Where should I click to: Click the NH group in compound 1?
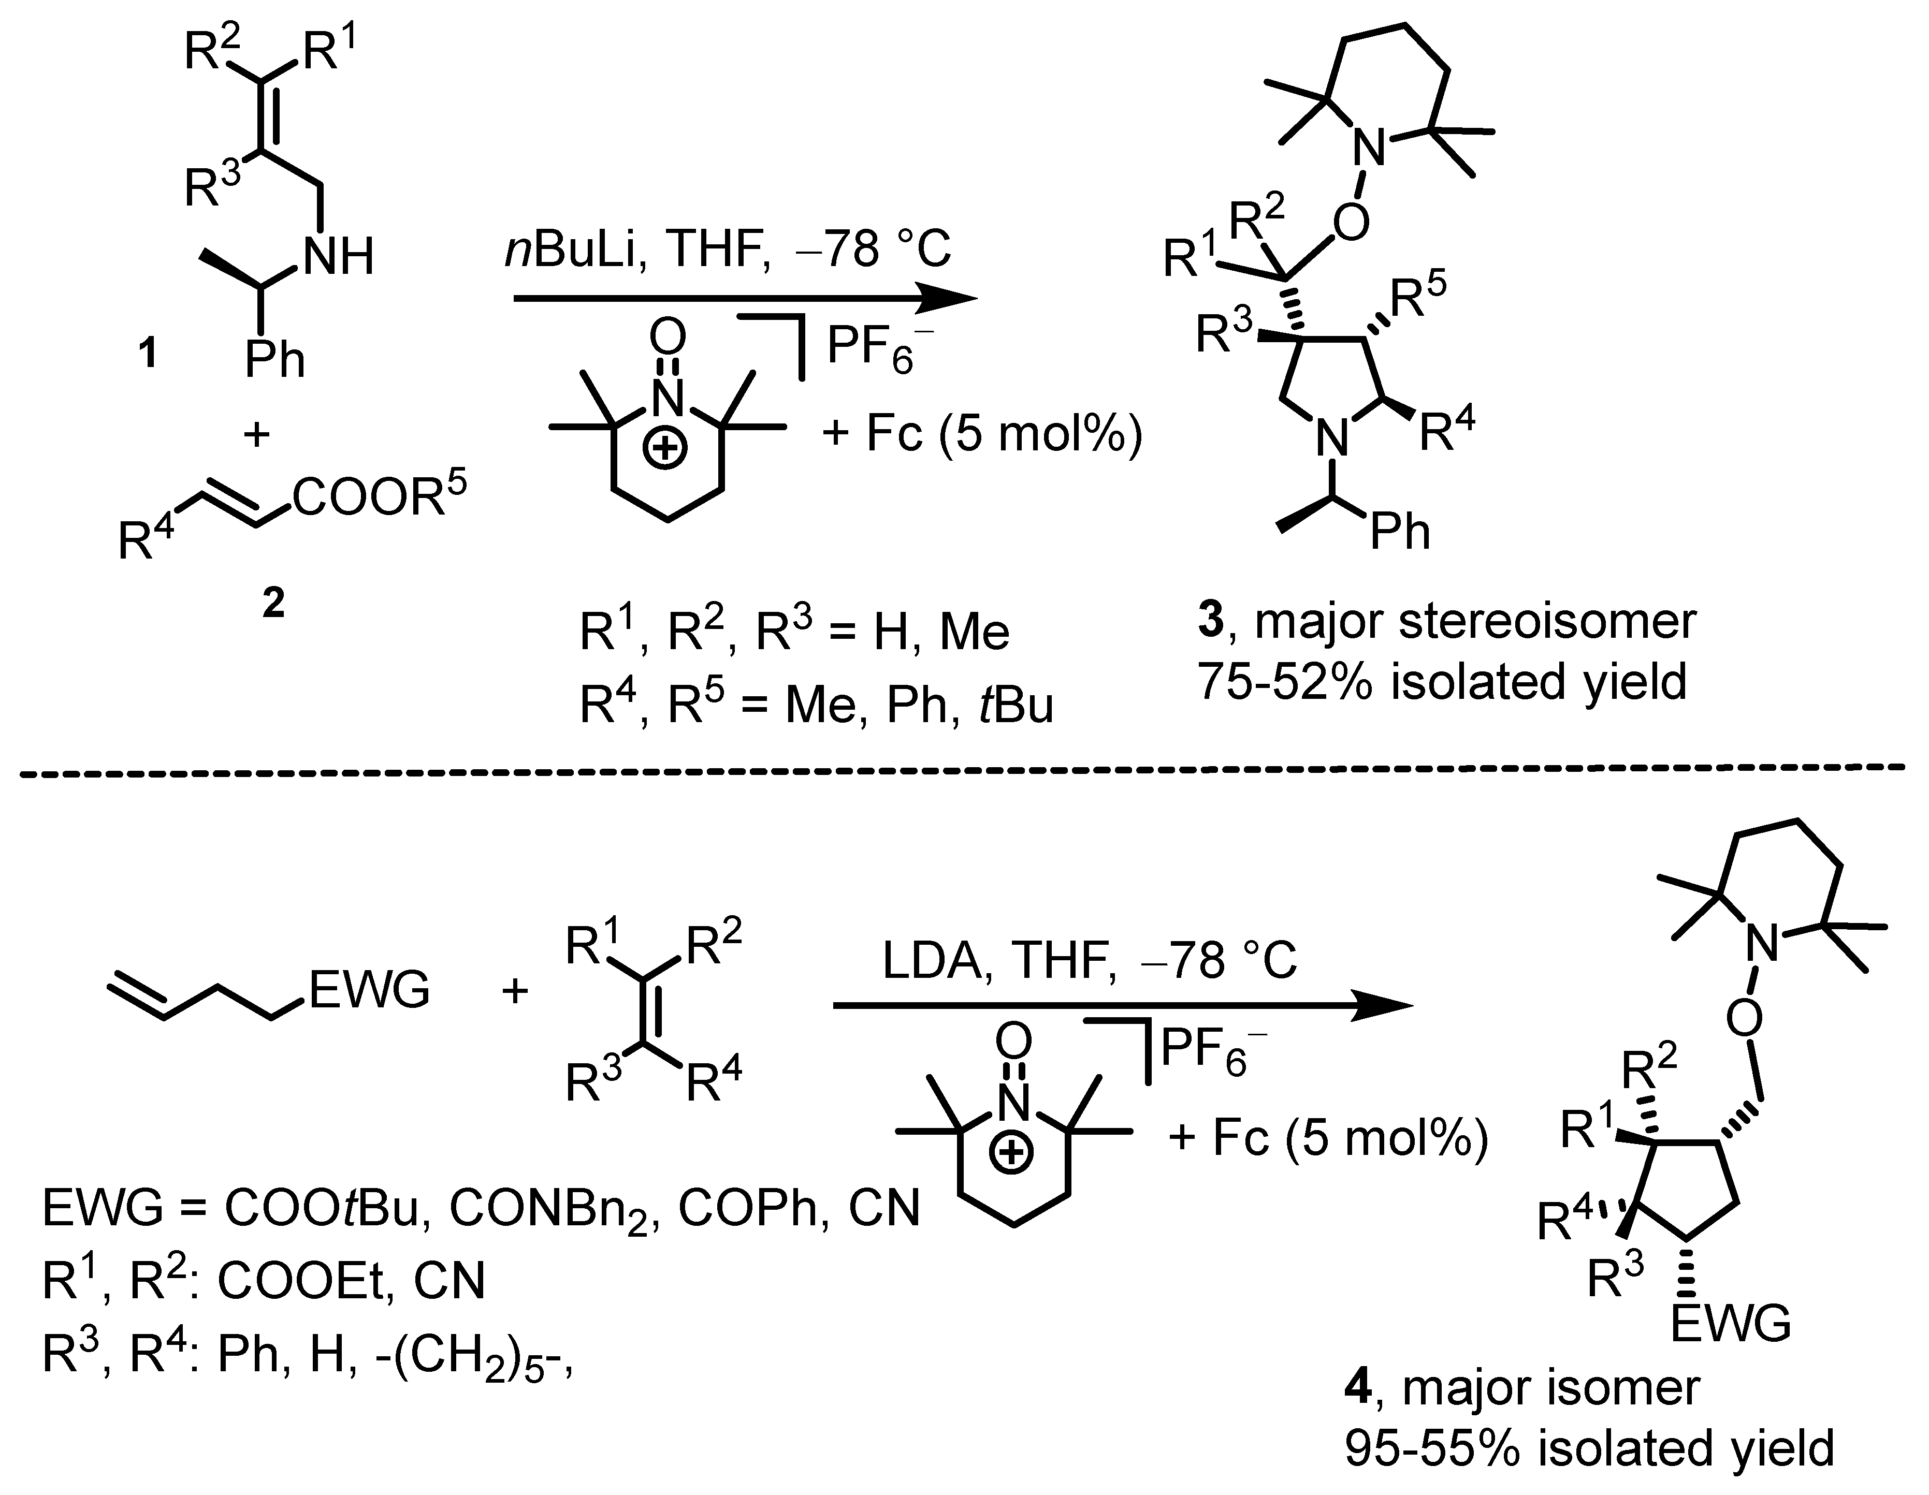[338, 257]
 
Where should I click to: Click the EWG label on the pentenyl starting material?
[369, 989]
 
